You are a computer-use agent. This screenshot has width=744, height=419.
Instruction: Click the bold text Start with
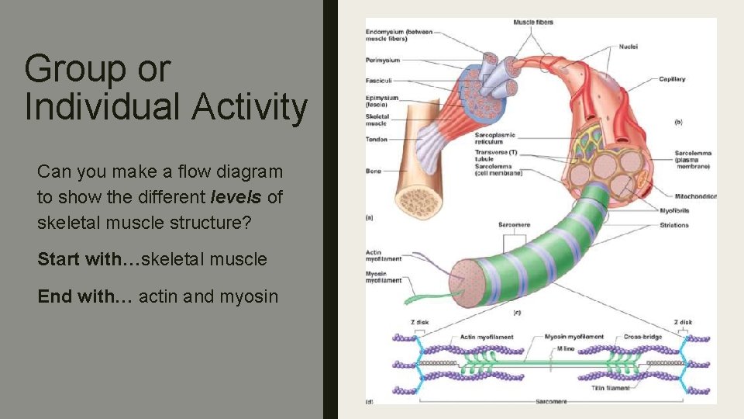80,259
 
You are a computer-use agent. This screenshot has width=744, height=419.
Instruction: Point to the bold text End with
74,296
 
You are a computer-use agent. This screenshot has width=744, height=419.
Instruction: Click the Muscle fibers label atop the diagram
533,23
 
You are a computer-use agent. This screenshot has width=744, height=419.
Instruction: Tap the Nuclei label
628,47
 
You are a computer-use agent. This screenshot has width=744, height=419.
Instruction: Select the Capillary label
672,79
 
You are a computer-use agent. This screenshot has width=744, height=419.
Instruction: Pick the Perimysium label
382,60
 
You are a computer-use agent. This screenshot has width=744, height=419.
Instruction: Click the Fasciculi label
380,80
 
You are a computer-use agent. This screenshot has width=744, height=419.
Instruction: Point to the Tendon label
376,140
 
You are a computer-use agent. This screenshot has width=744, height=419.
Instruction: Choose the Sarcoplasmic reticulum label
495,139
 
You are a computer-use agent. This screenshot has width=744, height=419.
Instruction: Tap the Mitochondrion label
694,196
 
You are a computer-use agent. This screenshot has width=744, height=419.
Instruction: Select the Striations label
673,225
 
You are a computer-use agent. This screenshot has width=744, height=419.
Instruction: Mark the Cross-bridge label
642,337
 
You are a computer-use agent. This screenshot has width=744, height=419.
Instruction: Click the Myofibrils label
673,209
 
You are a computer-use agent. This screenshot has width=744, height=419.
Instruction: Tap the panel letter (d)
370,401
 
